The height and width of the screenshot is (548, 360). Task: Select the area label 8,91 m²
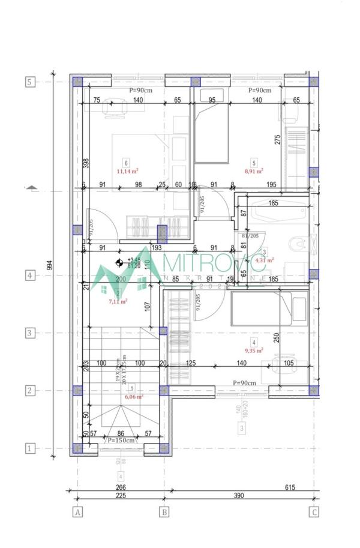point(255,170)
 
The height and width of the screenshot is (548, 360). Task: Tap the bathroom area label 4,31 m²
point(265,260)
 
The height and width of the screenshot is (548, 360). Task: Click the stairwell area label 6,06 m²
point(133,397)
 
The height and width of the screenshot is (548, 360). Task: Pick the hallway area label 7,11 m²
point(118,301)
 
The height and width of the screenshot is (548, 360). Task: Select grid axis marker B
point(163,512)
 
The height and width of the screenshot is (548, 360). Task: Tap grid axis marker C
point(313,512)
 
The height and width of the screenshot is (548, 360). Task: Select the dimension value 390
point(239,496)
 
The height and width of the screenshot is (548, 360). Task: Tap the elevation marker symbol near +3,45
point(119,262)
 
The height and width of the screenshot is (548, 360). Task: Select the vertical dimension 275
point(277,139)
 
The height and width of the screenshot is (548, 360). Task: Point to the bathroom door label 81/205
point(250,236)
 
